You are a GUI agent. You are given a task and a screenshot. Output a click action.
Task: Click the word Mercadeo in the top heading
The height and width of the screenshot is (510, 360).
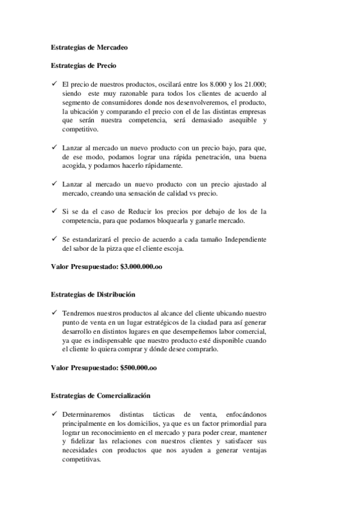tap(111, 46)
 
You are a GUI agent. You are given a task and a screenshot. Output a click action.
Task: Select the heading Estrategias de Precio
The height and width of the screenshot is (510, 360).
tap(84, 66)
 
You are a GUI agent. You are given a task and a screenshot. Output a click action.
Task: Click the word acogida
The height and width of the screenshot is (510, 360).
tap(76, 165)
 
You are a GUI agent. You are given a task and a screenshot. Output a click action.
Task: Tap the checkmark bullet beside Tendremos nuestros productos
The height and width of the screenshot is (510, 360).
tap(53, 313)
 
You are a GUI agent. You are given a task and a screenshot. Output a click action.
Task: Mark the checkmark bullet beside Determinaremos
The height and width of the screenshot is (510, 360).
tap(53, 414)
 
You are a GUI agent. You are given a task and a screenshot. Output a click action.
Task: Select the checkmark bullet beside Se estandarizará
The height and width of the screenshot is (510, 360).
tap(53, 239)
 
